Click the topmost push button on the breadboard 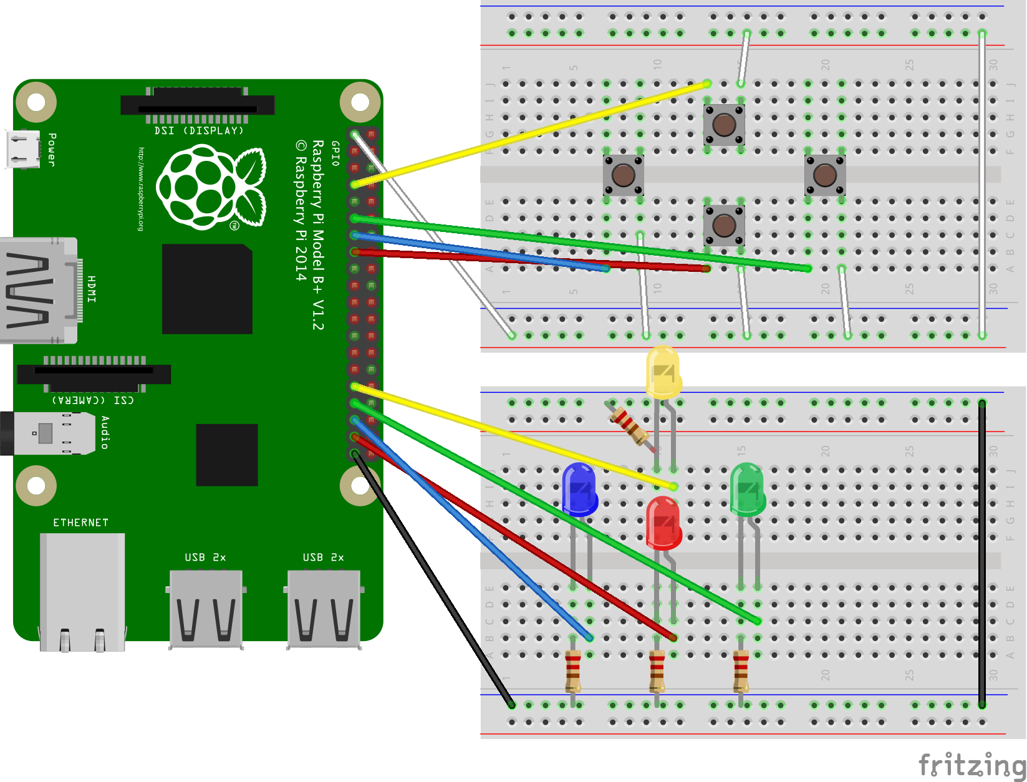coord(724,125)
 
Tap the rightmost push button coord(825,175)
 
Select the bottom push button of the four coord(724,225)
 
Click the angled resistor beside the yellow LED coord(630,425)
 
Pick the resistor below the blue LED coord(572,670)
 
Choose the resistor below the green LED coord(741,670)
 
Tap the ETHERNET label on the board coord(80,523)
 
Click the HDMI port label coord(92,289)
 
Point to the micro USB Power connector coord(22,149)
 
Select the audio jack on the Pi coord(44,433)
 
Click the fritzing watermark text coord(972,765)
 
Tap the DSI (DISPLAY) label coord(198,131)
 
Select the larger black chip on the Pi coord(207,289)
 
